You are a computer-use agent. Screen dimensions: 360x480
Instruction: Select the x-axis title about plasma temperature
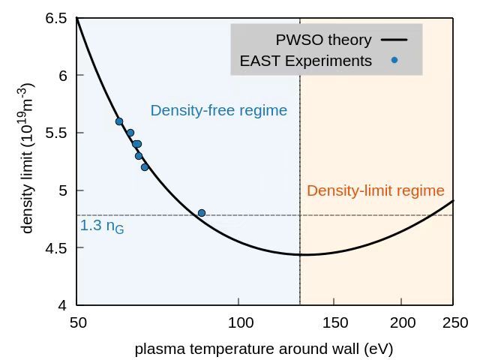pyautogui.click(x=263, y=349)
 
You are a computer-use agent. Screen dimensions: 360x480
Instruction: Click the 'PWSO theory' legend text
pyautogui.click(x=323, y=40)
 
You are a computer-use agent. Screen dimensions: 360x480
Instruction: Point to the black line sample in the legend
pyautogui.click(x=394, y=40)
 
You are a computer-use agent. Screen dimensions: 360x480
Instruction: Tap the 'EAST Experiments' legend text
pyautogui.click(x=305, y=61)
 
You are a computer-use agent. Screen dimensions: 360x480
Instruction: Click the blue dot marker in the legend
pyautogui.click(x=394, y=61)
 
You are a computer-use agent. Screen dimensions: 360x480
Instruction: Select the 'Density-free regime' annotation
pyautogui.click(x=218, y=111)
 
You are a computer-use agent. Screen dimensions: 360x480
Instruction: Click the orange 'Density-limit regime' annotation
pyautogui.click(x=375, y=190)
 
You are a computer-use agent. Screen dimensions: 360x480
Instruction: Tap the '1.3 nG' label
pyautogui.click(x=101, y=226)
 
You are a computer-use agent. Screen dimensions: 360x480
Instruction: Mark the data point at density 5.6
pyautogui.click(x=118, y=121)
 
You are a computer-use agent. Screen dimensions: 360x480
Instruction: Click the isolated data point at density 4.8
pyautogui.click(x=201, y=213)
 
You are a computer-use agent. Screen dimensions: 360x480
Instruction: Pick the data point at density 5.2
pyautogui.click(x=145, y=167)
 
